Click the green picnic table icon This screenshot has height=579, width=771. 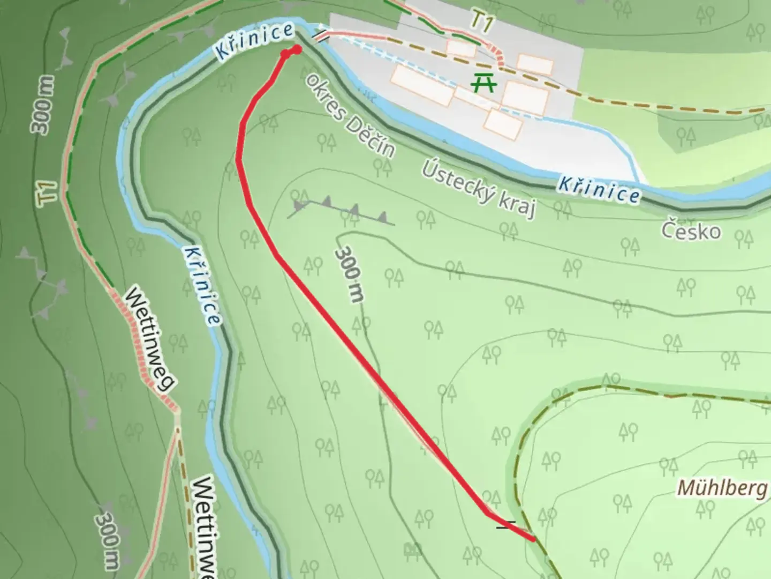point(484,83)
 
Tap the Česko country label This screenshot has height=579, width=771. point(691,231)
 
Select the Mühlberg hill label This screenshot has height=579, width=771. point(721,488)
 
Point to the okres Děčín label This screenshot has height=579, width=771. point(351,116)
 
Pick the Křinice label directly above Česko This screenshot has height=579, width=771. point(599,189)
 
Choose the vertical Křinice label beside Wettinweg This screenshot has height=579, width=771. point(201,285)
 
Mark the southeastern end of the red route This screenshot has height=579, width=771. point(533,539)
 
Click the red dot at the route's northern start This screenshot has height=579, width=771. point(297,49)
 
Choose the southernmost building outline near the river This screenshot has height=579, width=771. point(503,124)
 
